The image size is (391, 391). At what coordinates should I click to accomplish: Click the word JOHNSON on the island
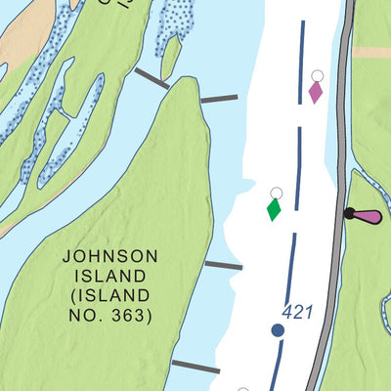tap(109, 256)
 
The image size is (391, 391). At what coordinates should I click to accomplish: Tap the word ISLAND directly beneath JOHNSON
tap(109, 276)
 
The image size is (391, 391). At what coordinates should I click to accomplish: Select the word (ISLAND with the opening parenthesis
tap(109, 295)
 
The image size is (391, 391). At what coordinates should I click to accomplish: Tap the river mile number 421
tap(297, 312)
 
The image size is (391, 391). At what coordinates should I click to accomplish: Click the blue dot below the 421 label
tap(278, 331)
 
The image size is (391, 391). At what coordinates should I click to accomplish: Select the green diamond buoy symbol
tap(275, 209)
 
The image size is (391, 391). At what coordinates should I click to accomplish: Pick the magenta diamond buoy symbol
tap(316, 92)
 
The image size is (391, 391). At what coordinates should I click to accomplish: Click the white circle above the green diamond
tap(276, 193)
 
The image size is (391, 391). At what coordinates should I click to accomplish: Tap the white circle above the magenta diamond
tap(317, 74)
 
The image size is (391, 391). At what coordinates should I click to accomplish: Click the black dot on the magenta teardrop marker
tap(348, 213)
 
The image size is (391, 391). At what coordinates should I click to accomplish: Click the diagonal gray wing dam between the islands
tap(152, 79)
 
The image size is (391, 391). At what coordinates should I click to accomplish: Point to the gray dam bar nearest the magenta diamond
tap(218, 99)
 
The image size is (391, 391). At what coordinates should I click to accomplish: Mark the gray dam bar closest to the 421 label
tap(224, 265)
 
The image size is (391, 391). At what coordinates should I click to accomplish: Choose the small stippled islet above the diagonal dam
tap(174, 29)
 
